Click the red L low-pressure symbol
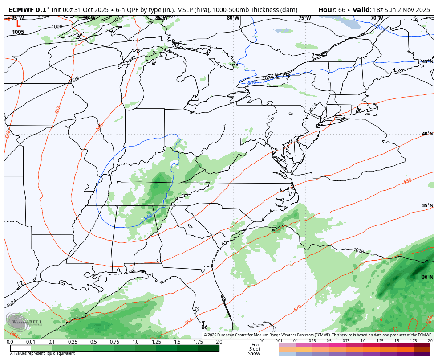click(x=18, y=25)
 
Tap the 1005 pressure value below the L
click(x=18, y=32)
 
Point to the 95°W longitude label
click(x=18, y=18)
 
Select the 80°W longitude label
click(x=233, y=18)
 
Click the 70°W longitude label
click(x=377, y=18)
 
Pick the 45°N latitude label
click(x=427, y=61)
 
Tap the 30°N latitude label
click(x=427, y=277)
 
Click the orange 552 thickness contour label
click(x=57, y=110)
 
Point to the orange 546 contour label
click(x=99, y=127)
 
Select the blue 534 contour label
click(x=381, y=28)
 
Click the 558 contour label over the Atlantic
click(x=407, y=181)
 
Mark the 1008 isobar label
click(x=57, y=27)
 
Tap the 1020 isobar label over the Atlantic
click(x=359, y=251)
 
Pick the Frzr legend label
click(x=255, y=344)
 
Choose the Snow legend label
click(x=254, y=353)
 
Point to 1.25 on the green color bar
click(x=156, y=342)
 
